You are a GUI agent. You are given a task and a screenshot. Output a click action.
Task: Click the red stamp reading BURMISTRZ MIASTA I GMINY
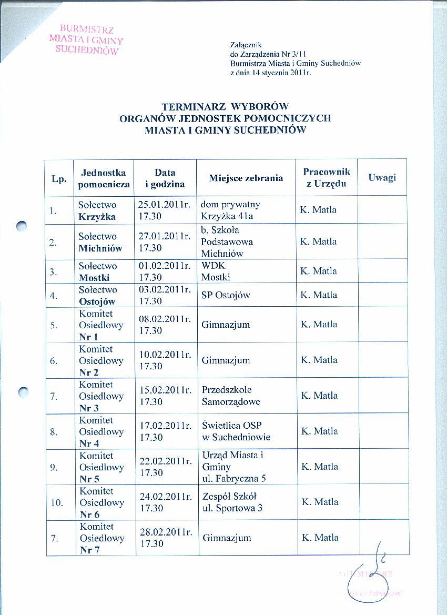point(86,39)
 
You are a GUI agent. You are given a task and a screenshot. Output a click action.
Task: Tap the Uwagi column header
point(382,177)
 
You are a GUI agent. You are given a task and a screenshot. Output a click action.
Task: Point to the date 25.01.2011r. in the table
point(164,205)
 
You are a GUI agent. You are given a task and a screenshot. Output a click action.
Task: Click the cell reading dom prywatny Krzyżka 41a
point(230,210)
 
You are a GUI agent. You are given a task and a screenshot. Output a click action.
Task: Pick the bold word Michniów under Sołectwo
point(100,248)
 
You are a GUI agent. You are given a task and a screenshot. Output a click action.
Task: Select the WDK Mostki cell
point(216,271)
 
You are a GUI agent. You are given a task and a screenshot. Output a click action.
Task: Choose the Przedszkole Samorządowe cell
point(231,396)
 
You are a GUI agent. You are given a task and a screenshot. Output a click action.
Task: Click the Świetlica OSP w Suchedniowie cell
point(236,431)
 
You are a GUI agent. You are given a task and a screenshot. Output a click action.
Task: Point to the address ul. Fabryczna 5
point(234,478)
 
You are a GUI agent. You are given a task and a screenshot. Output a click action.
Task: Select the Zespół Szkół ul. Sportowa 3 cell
point(232,502)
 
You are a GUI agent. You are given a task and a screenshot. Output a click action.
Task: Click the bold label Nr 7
point(89,550)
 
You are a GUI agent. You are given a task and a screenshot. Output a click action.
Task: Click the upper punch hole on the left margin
point(22,226)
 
